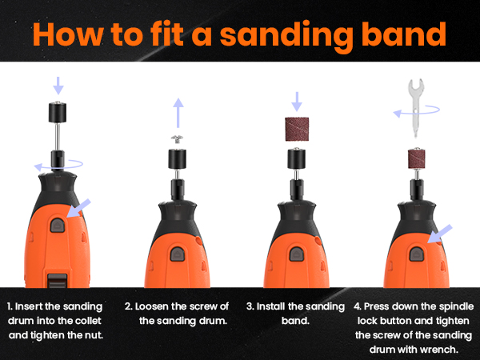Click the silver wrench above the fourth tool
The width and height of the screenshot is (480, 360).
416,108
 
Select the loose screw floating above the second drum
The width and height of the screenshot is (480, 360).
177,139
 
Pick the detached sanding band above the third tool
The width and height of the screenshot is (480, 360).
297,129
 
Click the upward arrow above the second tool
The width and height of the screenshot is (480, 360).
178,113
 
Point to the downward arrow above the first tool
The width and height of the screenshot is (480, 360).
58,86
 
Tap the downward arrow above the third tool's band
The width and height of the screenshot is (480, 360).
297,102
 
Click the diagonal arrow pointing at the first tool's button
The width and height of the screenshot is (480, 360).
78,208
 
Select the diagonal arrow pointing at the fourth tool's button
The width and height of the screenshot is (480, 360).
439,234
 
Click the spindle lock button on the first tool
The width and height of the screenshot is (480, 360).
58,226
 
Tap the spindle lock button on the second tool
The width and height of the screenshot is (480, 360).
178,254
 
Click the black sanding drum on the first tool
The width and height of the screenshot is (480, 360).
58,112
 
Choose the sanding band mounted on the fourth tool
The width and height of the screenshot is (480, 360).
416,158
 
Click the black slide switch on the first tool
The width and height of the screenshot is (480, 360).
58,281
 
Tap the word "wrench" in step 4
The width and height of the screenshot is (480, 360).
439,350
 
